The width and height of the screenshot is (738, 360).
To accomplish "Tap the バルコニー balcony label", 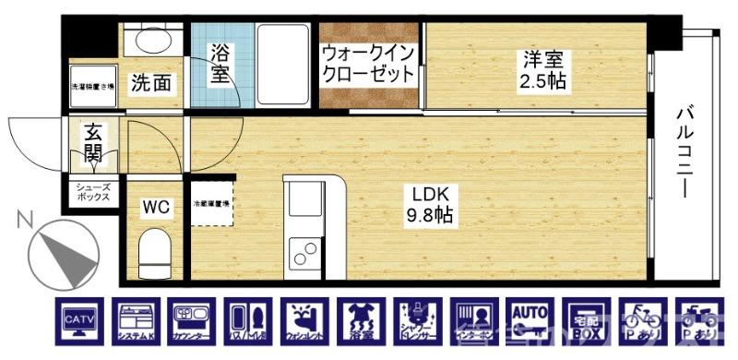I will pyautogui.click(x=684, y=152).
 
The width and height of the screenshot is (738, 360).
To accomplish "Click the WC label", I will pyautogui.click(x=153, y=208).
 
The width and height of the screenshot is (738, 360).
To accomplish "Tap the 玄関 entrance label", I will pyautogui.click(x=93, y=142).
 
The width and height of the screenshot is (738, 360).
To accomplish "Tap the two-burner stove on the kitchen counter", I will pyautogui.click(x=302, y=250).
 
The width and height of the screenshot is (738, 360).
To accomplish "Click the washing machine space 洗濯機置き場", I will pyautogui.click(x=92, y=87).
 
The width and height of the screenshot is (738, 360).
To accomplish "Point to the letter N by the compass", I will pyautogui.click(x=25, y=219).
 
